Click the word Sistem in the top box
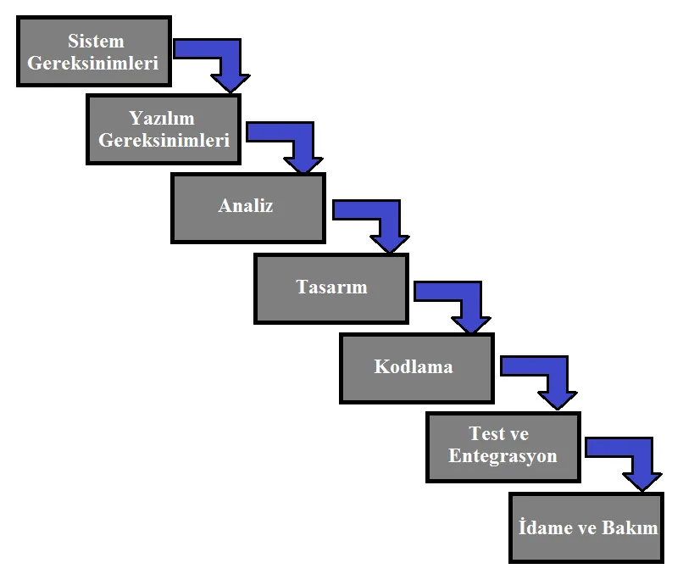96,41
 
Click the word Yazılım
162,118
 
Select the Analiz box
248,208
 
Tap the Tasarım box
331,288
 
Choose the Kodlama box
417,368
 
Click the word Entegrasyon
503,456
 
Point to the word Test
486,433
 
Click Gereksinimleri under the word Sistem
92,64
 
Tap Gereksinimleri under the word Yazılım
164,140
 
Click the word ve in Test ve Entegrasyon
519,434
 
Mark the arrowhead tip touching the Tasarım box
390,254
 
